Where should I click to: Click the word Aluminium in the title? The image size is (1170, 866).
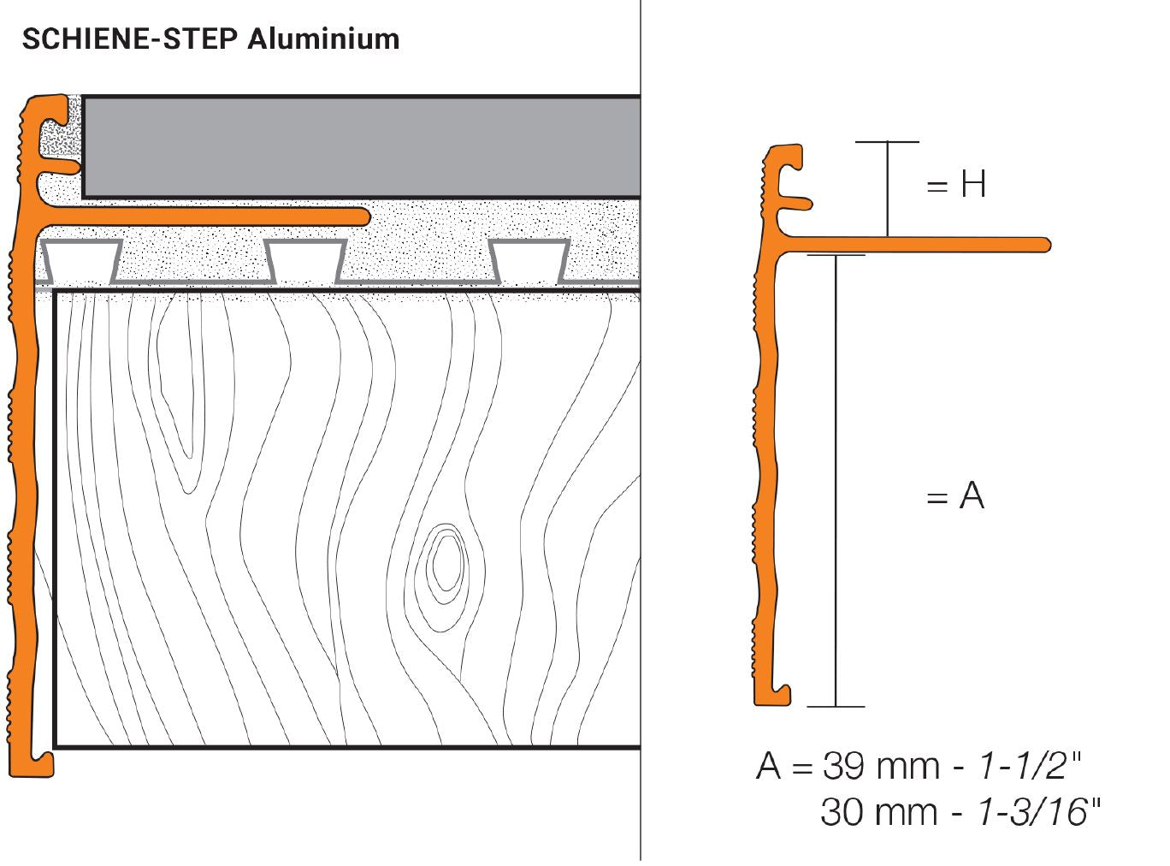click(x=324, y=39)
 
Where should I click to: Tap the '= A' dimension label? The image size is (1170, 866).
click(x=955, y=495)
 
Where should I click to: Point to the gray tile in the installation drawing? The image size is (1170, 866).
click(x=359, y=146)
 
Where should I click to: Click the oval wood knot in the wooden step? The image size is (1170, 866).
click(x=443, y=564)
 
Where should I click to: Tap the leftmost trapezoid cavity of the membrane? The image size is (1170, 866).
click(x=82, y=260)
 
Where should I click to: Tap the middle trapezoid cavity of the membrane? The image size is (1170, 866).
click(x=304, y=260)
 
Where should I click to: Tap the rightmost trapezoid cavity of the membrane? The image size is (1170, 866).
click(x=529, y=260)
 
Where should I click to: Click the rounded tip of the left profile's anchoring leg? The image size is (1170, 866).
click(x=363, y=216)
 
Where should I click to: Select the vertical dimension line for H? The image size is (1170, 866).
click(x=887, y=188)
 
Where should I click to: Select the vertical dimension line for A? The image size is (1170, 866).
click(x=836, y=479)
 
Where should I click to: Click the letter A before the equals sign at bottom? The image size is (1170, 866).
click(x=768, y=766)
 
